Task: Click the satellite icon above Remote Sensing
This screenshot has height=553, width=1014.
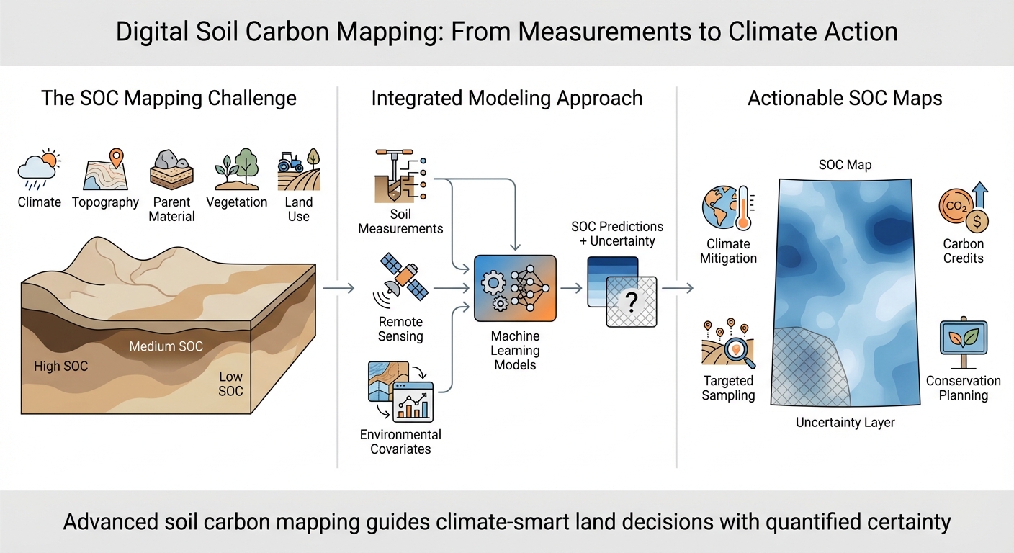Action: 400,285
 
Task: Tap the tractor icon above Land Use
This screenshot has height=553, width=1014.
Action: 290,163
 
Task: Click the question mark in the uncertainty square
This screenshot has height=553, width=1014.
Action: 632,303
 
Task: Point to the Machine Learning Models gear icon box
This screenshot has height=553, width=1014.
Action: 515,287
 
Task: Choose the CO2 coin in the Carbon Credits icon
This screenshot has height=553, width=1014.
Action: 955,207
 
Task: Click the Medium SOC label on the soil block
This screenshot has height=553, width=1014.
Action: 166,346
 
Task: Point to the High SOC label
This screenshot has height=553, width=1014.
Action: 61,367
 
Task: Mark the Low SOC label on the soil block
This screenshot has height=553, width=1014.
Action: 230,384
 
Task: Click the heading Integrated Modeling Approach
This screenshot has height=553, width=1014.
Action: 507,98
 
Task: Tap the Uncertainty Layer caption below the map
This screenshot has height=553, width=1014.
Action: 845,423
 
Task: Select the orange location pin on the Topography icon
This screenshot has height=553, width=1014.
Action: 115,158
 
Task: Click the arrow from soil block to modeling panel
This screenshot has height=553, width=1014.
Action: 338,288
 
